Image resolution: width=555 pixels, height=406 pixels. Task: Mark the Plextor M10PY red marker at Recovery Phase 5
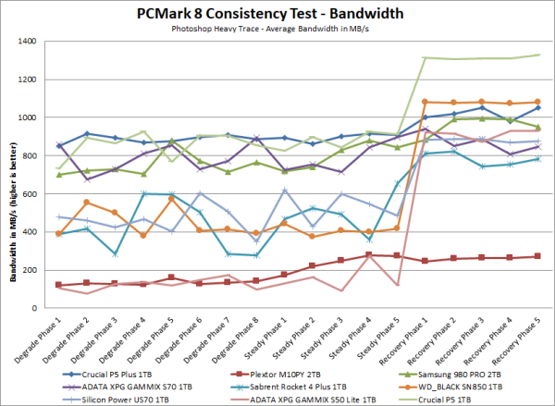(x=539, y=256)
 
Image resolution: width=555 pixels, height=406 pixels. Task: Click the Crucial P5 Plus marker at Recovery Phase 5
(x=539, y=107)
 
